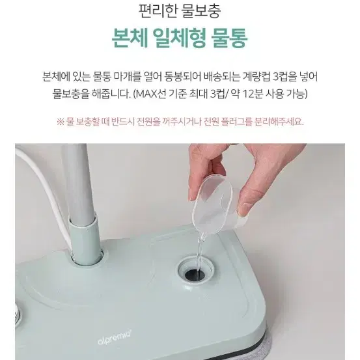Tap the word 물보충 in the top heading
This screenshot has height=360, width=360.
click(201, 11)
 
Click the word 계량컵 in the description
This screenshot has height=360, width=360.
click(256, 76)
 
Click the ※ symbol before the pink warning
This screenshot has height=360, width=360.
click(61, 122)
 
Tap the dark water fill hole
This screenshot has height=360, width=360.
click(195, 273)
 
